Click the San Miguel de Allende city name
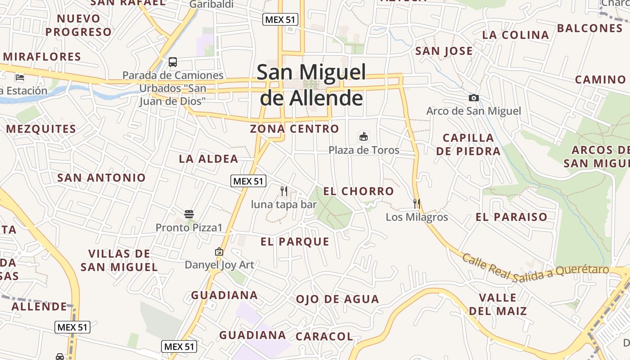pyautogui.click(x=311, y=85)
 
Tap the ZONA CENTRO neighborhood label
pyautogui.click(x=294, y=129)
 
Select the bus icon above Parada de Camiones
pyautogui.click(x=173, y=62)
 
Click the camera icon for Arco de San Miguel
pyautogui.click(x=473, y=98)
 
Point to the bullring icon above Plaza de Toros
pyautogui.click(x=364, y=136)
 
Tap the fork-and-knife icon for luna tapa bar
pyautogui.click(x=284, y=191)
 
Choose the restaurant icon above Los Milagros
pyautogui.click(x=417, y=204)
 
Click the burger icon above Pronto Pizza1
pyautogui.click(x=189, y=214)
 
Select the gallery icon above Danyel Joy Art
pyautogui.click(x=219, y=252)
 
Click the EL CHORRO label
pyautogui.click(x=359, y=191)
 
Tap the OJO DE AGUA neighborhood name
pyautogui.click(x=337, y=299)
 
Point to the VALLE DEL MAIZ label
pyautogui.click(x=498, y=304)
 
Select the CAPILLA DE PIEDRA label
pyautogui.click(x=468, y=144)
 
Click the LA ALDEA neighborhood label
pyautogui.click(x=208, y=159)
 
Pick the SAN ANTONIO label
pyautogui.click(x=101, y=178)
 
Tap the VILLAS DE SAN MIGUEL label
pyautogui.click(x=119, y=261)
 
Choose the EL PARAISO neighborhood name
pyautogui.click(x=512, y=217)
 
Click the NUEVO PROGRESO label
pyautogui.click(x=78, y=25)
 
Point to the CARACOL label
pyautogui.click(x=324, y=337)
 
